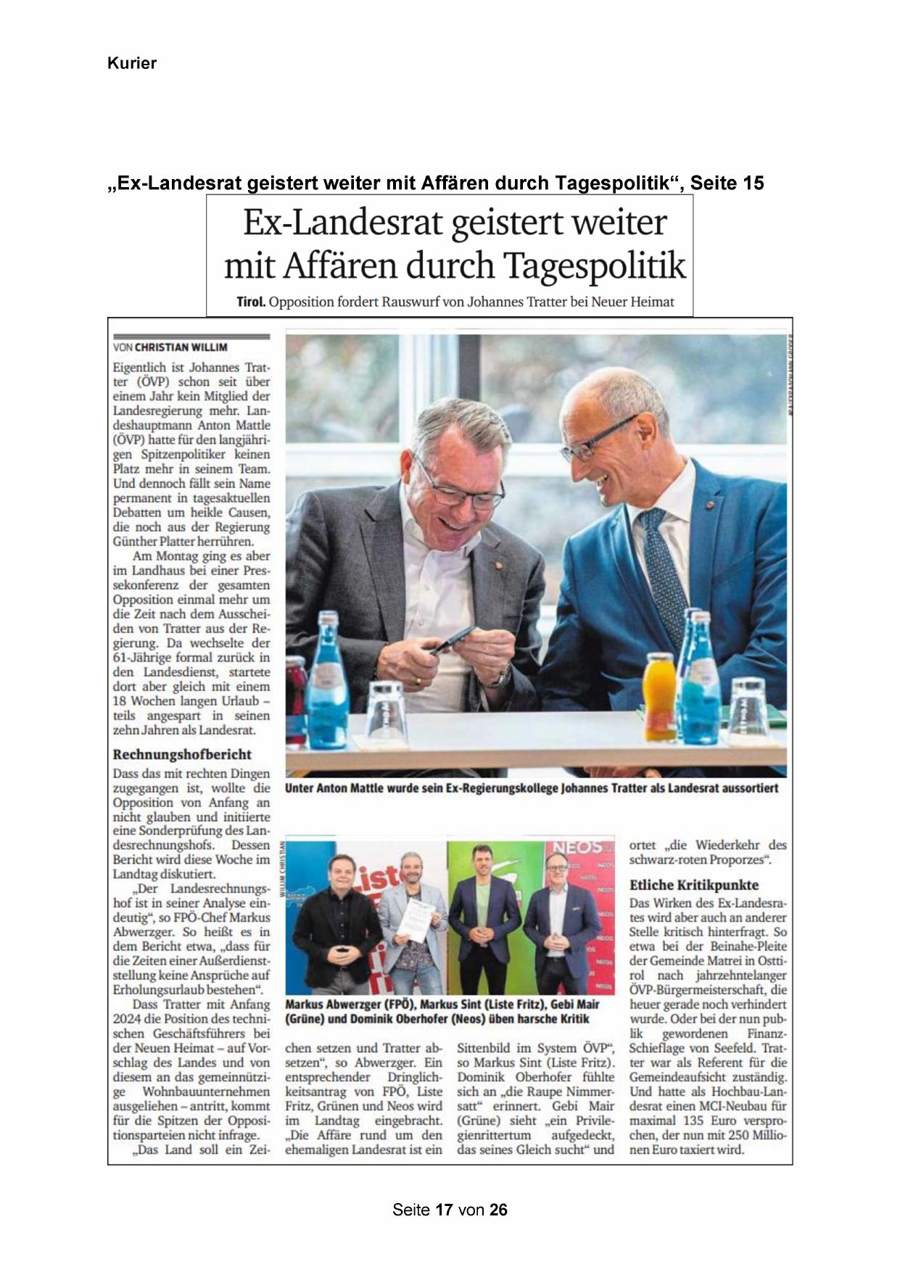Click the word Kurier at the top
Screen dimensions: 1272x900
[x=131, y=63]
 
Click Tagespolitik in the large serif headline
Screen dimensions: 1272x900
[x=594, y=265]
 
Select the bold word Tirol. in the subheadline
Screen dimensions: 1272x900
[x=251, y=302]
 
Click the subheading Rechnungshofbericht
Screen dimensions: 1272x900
[x=182, y=754]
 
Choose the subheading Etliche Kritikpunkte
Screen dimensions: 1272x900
[x=694, y=885]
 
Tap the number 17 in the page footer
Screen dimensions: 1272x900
[x=445, y=1210]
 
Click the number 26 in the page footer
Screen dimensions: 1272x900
[x=498, y=1210]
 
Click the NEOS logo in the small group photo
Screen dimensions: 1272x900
[x=578, y=847]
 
